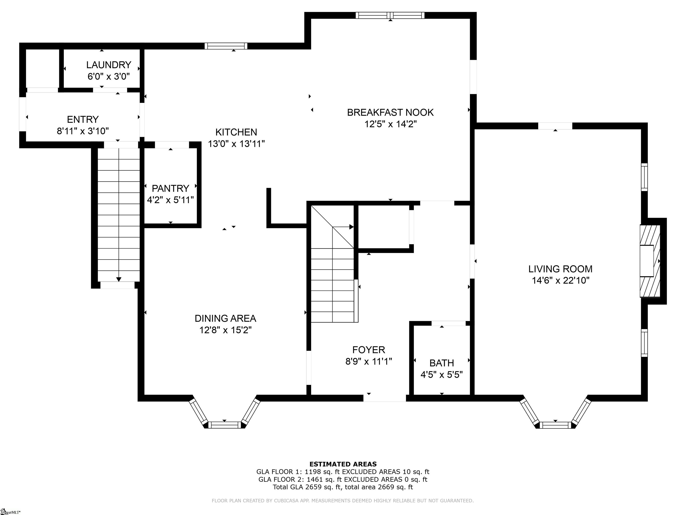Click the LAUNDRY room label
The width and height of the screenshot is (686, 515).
109,65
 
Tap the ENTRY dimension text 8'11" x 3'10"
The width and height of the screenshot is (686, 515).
83,131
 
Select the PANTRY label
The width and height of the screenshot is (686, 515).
170,188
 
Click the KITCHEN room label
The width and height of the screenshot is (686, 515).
236,132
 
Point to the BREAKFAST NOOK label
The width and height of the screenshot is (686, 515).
390,112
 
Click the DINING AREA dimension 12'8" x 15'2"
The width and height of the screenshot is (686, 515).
226,330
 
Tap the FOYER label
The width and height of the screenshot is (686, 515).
369,350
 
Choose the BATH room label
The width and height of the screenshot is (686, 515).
442,363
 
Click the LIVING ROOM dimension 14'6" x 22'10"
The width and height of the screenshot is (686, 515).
561,281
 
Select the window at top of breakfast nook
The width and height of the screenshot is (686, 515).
390,15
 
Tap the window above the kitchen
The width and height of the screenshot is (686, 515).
226,46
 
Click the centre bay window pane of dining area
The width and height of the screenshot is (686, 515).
224,425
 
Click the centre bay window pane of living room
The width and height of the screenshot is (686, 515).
555,425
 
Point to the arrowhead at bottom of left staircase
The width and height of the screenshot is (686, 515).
119,279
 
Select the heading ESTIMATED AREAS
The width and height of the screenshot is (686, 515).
343,464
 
